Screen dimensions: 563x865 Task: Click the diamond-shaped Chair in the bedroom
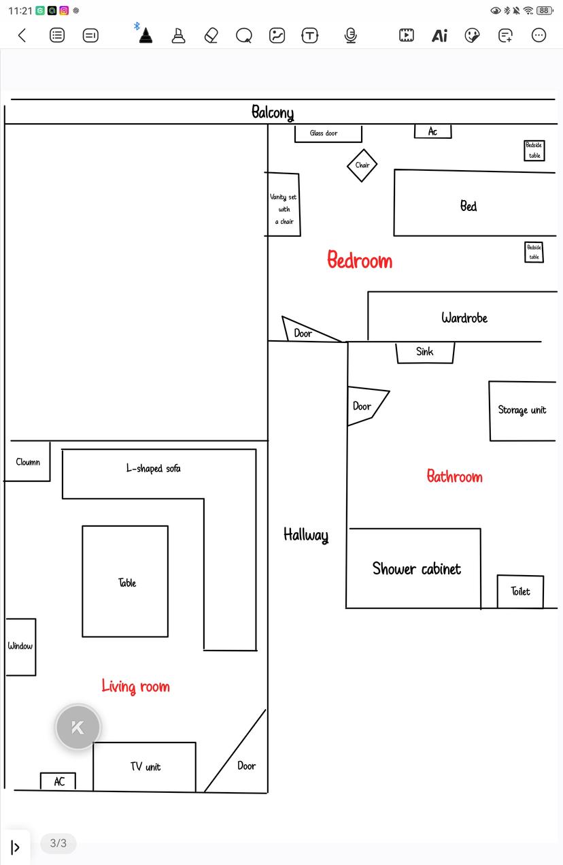pos(362,165)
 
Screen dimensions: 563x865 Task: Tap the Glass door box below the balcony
pos(328,133)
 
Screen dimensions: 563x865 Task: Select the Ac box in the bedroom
pos(432,131)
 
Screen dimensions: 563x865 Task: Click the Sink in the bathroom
pos(425,352)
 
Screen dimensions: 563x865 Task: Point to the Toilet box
pos(520,591)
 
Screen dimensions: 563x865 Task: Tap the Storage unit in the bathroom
pos(522,411)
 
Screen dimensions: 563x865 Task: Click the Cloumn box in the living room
pos(27,461)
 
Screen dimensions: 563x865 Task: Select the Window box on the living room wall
pos(21,647)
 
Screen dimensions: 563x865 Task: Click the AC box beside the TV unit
pos(58,781)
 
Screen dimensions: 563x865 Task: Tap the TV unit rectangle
pos(144,766)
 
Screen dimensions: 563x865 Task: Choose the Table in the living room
pos(125,582)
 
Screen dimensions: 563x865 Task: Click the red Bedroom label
pos(360,260)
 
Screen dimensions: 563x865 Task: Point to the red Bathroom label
pos(455,476)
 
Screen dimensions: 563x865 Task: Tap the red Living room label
pos(135,686)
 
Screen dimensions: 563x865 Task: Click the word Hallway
pos(306,535)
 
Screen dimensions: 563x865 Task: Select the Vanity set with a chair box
pos(284,204)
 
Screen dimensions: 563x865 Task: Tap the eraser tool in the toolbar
pos(211,35)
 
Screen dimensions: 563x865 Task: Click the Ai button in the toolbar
pos(439,36)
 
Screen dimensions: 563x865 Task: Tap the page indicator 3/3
pos(58,843)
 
